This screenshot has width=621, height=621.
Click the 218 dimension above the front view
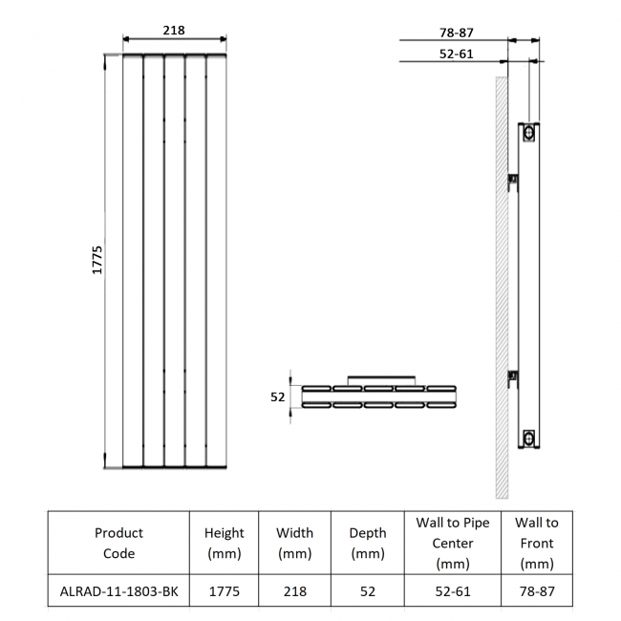tap(173, 31)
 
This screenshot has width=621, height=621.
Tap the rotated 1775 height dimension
tap(97, 260)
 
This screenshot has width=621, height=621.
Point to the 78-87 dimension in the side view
tap(457, 32)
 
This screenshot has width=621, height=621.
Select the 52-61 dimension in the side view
tap(457, 54)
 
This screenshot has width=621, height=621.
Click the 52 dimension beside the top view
tap(278, 396)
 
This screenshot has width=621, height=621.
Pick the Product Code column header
tap(118, 543)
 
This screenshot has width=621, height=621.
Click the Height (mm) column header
tap(225, 543)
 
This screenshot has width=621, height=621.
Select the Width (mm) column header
tap(295, 543)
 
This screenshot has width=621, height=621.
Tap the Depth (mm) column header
tap(368, 543)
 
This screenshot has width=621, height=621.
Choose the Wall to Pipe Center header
tap(453, 543)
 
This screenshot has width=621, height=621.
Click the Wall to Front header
tap(537, 543)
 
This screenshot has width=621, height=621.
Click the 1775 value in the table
tap(225, 591)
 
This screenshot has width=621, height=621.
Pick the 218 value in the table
tap(295, 591)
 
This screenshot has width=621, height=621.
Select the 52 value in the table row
tap(368, 591)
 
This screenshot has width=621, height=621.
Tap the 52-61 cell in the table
tap(453, 591)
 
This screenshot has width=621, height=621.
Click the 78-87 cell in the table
tap(537, 591)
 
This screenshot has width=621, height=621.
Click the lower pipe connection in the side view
tap(527, 439)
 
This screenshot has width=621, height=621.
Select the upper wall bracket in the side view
tap(513, 179)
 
